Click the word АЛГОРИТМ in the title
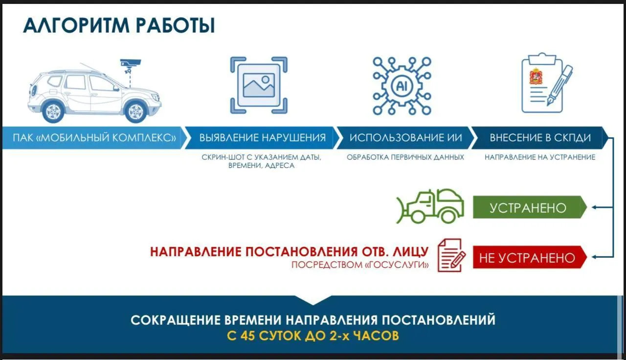coord(76,26)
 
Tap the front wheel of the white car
coord(135,111)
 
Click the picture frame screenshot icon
coord(259,85)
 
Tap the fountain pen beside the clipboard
coord(560,85)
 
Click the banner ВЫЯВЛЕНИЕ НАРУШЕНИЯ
coord(262,137)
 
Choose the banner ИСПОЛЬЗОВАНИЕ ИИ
coord(406,137)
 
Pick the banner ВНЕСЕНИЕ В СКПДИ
coord(540,137)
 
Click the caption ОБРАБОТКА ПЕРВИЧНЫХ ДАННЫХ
coord(405,157)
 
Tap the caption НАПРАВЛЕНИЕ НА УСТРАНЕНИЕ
coord(540,157)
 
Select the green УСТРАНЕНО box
coord(530,207)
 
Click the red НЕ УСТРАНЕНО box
coord(530,257)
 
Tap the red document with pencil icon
coord(451,255)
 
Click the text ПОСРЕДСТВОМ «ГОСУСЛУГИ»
coord(360,265)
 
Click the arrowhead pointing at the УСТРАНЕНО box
coord(594,207)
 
